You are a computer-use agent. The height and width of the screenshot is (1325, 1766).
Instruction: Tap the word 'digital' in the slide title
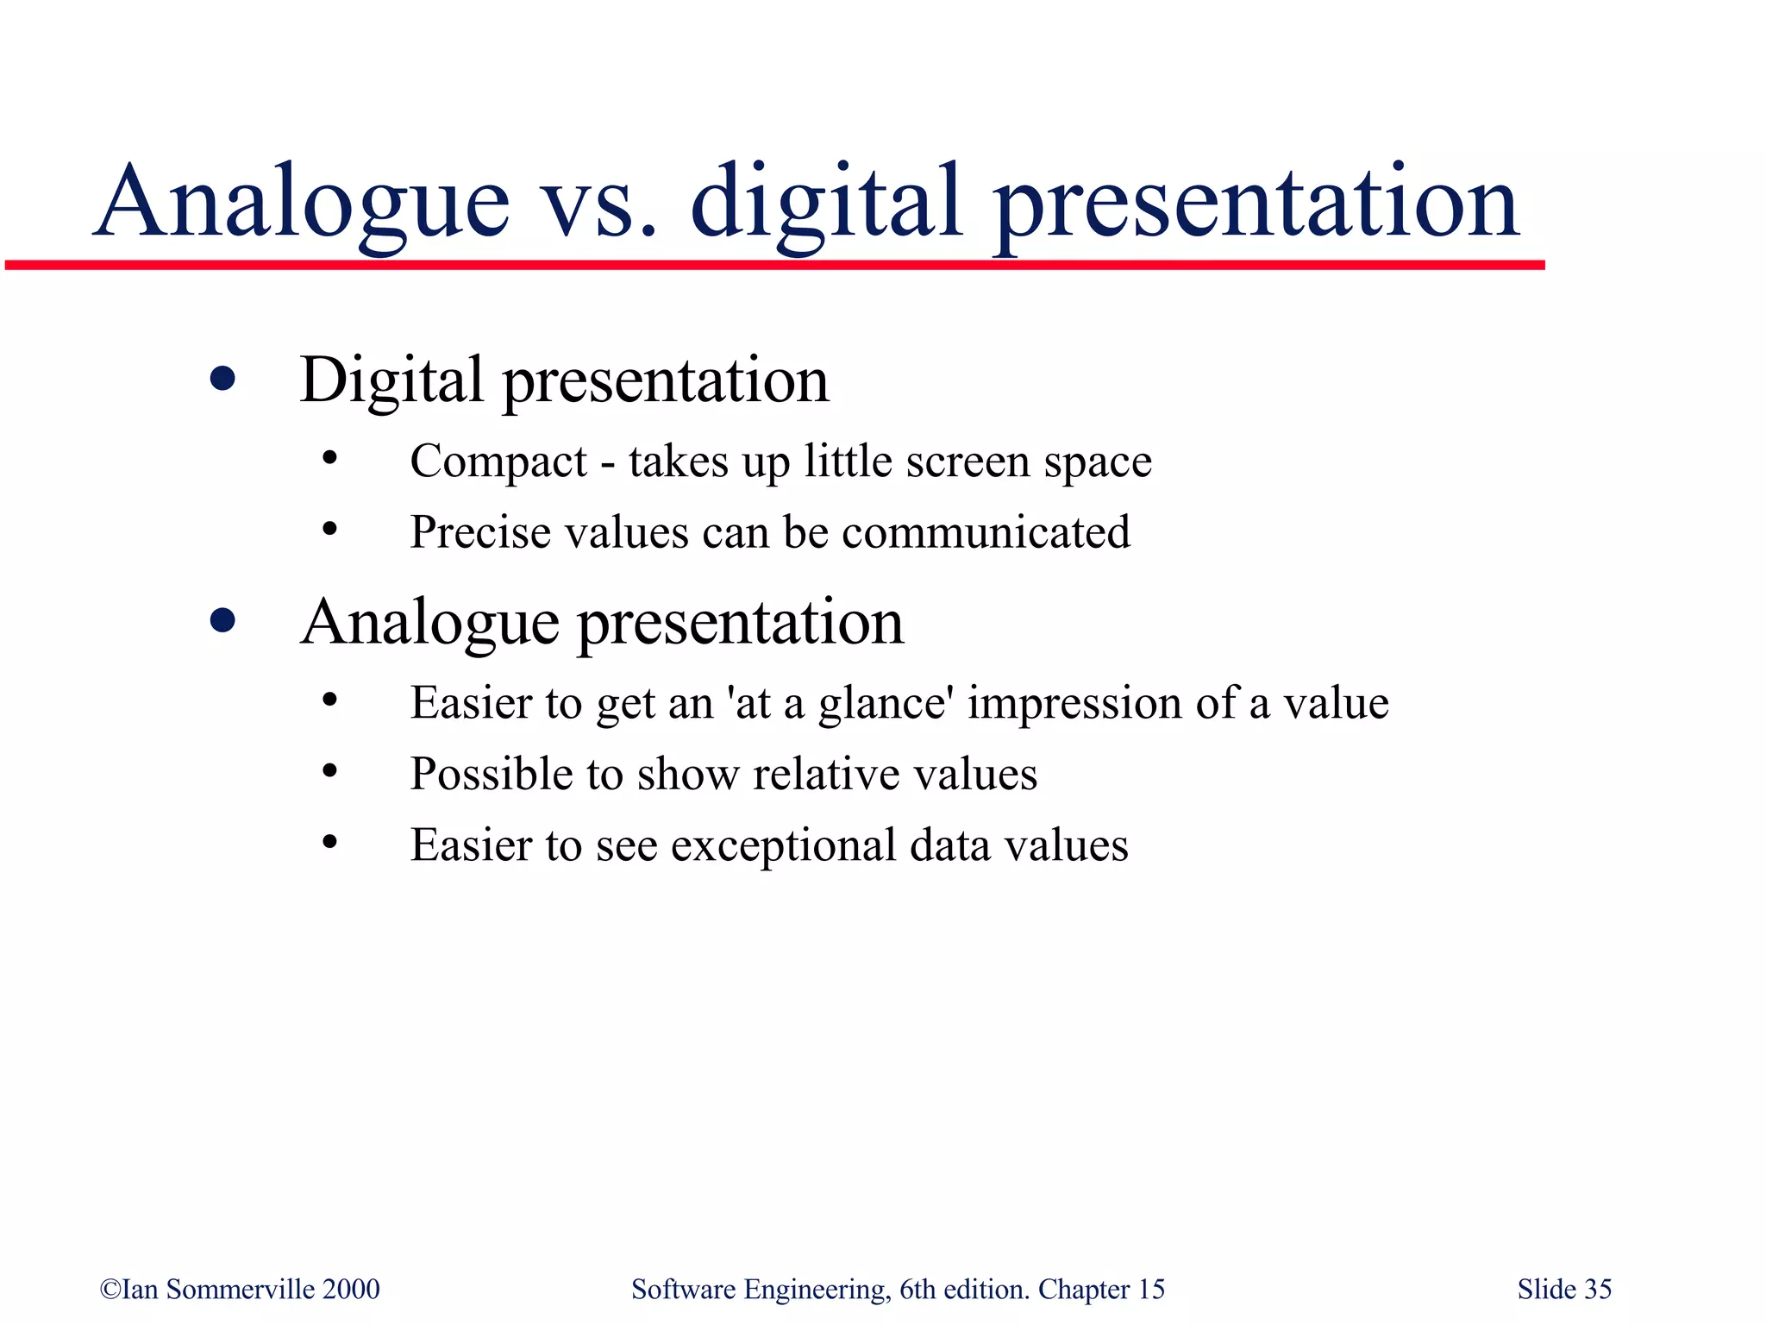(825, 203)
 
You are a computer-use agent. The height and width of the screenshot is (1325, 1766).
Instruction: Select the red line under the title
(774, 265)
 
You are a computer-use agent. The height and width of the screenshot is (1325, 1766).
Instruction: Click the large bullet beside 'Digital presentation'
(222, 379)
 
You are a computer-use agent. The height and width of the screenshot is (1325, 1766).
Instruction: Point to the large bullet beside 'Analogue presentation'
(222, 620)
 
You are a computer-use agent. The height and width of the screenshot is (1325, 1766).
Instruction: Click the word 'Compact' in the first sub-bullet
(498, 462)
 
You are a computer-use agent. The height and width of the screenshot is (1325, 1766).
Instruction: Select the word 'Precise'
(479, 532)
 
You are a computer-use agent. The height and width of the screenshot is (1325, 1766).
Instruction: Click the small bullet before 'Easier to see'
(329, 842)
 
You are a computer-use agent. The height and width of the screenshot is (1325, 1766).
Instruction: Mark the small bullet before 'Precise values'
(329, 529)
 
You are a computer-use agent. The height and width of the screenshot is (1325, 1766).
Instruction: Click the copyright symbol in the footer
(110, 1289)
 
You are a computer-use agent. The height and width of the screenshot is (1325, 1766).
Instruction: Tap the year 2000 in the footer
(351, 1289)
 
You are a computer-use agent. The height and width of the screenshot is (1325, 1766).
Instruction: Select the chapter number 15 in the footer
(1151, 1289)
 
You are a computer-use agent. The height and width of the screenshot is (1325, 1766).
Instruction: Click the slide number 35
(1598, 1289)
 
